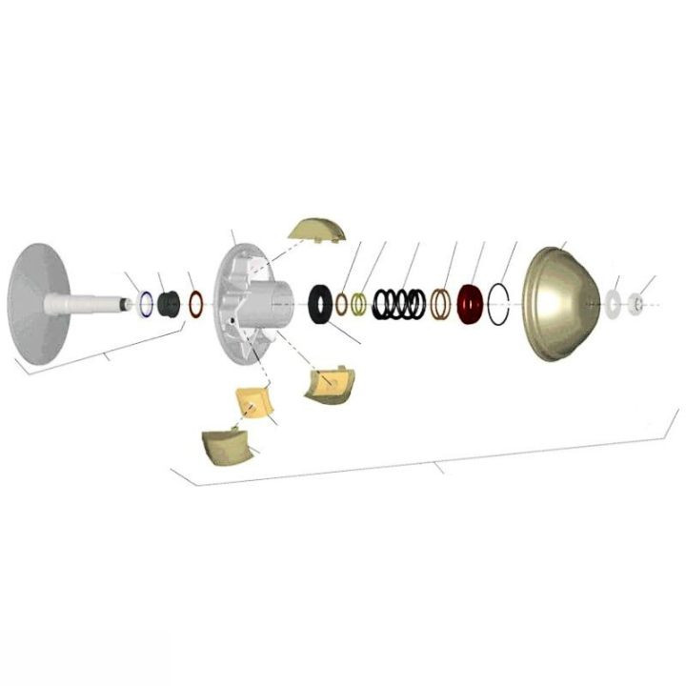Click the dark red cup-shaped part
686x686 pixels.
(469, 303)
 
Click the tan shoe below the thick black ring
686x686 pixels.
(328, 382)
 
